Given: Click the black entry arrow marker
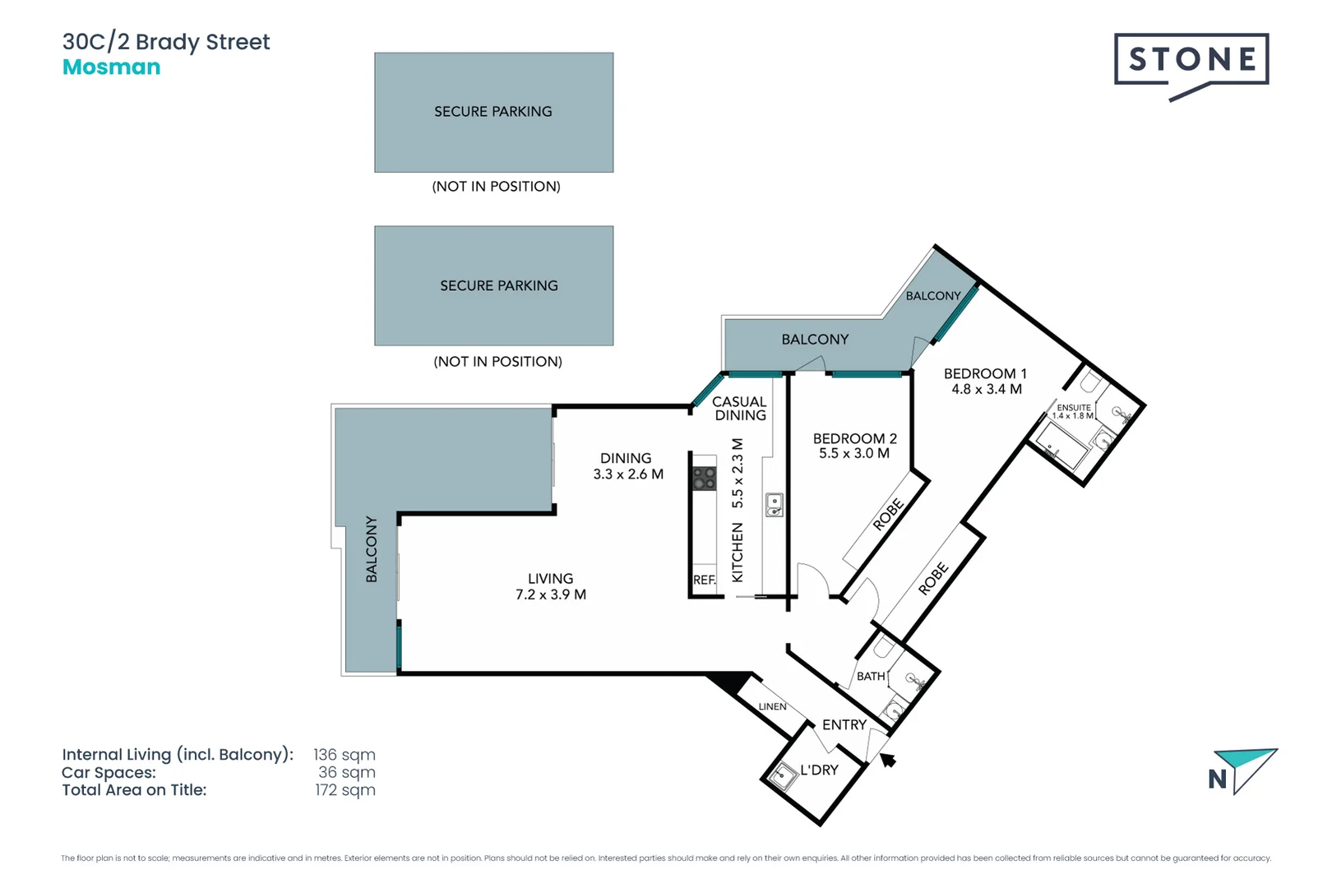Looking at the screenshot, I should coord(888,761).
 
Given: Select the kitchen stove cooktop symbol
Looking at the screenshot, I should coord(704,478).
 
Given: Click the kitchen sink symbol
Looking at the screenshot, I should coord(774,505).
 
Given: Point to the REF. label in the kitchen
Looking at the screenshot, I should coord(704,580).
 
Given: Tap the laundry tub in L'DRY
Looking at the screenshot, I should coord(782,775).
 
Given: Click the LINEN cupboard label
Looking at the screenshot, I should coord(772,706).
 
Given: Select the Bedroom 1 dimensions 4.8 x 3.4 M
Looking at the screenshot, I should coord(986,389).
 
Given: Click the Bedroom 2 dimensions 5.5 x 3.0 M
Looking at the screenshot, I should coord(853,453).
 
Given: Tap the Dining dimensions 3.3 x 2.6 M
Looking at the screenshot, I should coord(628,474).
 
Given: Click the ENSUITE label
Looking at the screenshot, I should coord(1073,407).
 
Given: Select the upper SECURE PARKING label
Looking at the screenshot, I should coord(493,112).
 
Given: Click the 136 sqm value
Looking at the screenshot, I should coord(344,755).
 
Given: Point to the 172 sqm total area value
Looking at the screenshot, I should coord(345,790).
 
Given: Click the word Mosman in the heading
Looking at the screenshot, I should coord(112,67).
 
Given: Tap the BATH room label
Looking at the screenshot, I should coord(871,676).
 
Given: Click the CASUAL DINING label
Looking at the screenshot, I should coord(739,408).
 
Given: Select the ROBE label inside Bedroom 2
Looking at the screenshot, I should coord(888,515).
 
